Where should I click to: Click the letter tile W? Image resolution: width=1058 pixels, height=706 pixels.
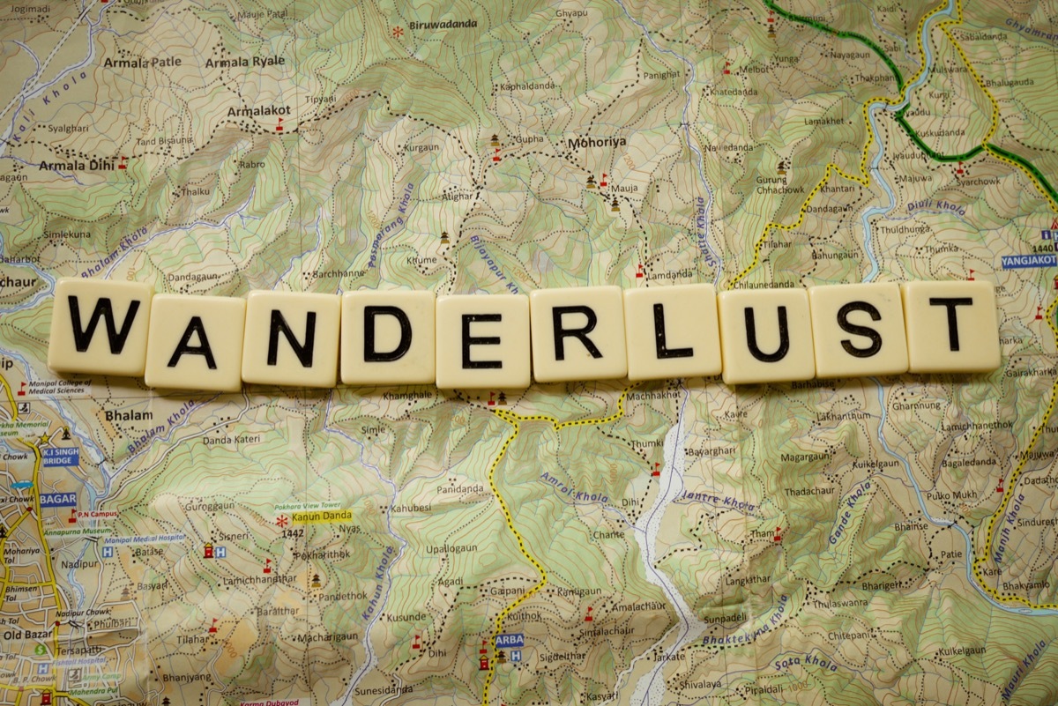coord(101,326)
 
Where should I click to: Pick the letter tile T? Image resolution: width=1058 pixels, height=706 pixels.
coord(950,325)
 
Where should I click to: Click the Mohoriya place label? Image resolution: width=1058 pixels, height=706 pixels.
coord(596,141)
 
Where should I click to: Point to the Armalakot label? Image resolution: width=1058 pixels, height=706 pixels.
coord(258,111)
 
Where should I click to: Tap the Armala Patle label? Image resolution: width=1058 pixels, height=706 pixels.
coord(142,63)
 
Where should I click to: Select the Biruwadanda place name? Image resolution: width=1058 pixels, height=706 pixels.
coord(443,25)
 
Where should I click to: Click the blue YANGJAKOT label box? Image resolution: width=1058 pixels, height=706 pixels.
coord(1028,261)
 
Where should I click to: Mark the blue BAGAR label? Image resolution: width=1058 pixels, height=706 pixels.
coord(58,499)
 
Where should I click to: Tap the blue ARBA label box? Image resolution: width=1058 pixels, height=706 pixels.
coord(509,641)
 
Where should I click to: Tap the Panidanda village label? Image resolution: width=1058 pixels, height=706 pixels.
coord(459,488)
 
